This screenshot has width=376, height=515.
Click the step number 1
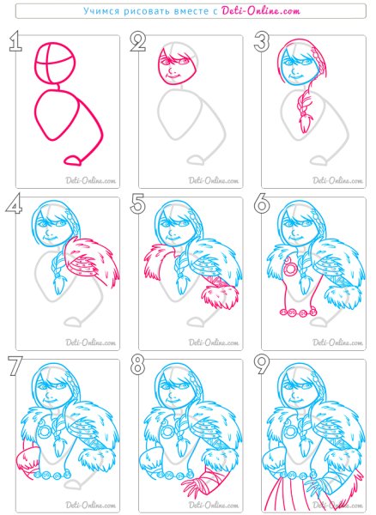15,42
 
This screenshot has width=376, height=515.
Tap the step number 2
138,42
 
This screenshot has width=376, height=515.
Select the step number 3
262,42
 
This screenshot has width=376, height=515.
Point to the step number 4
14,204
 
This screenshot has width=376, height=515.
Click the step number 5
138,204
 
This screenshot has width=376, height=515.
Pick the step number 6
262,204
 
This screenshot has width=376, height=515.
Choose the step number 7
15,366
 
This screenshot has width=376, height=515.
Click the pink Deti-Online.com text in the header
261,11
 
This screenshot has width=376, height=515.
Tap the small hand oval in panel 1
73,161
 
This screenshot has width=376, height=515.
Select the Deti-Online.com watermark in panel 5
214,342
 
